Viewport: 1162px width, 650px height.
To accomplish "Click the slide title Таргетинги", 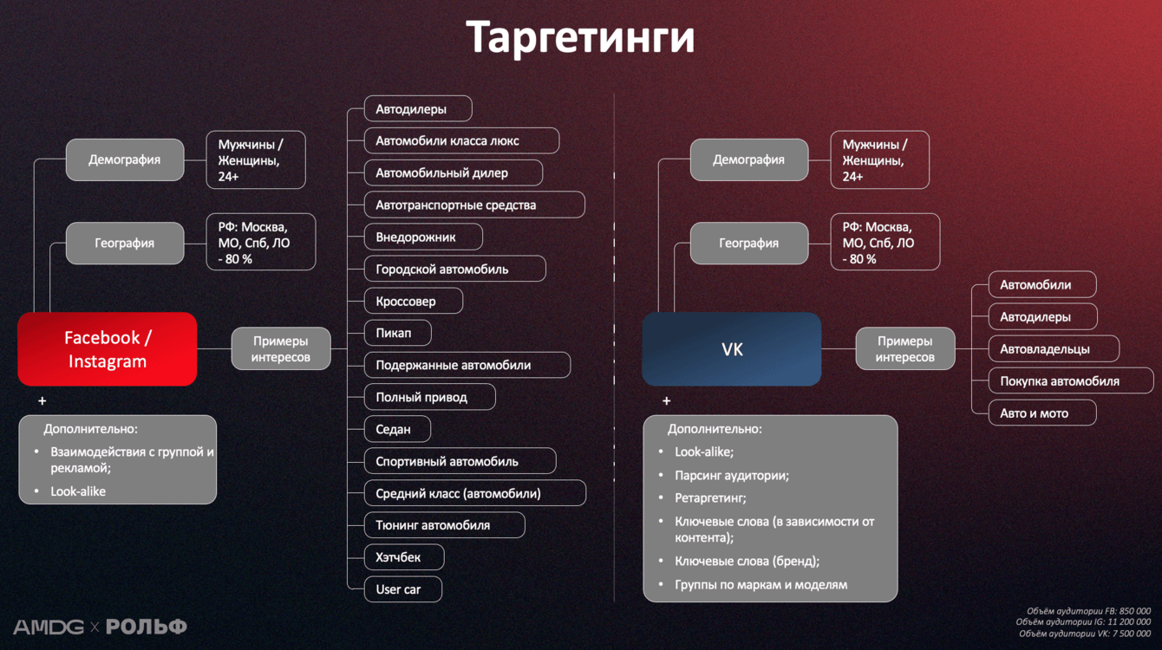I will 580,37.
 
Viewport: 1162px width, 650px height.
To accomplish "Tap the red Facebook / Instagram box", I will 108,349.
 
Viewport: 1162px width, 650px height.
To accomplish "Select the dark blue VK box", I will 731,349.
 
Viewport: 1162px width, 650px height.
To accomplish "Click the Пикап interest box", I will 397,333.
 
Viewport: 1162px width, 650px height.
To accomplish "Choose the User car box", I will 403,589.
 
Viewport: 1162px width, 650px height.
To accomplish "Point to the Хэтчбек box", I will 404,557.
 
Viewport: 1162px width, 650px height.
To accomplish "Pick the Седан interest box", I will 397,429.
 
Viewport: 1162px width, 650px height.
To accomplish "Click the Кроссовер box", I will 413,301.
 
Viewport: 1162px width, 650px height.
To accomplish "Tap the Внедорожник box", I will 423,237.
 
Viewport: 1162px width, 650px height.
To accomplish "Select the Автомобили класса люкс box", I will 461,140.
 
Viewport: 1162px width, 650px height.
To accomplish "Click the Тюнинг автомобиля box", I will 444,525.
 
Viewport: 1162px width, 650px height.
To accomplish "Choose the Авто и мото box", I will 1042,413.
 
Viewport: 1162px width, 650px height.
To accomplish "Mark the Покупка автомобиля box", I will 1071,381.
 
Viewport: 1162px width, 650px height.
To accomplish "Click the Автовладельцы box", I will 1054,349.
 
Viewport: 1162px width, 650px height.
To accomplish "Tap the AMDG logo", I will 49,627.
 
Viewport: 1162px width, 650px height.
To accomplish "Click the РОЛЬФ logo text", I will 146,627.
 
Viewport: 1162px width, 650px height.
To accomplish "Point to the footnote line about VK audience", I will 1085,634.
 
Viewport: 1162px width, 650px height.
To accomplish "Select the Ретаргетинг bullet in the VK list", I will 710,498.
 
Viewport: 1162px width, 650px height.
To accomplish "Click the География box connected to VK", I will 748,244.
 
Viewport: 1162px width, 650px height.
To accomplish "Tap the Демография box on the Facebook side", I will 125,159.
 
